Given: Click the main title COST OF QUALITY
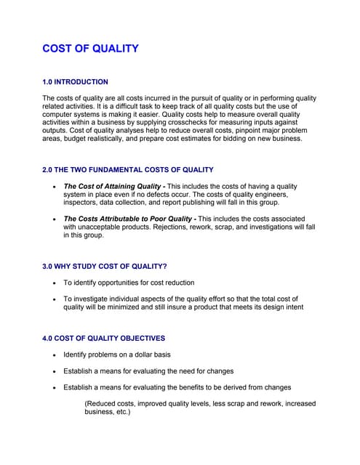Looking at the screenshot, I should point(90,49).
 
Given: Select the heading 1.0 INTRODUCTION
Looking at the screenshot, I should point(76,82).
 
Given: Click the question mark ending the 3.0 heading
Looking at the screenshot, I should point(167,266).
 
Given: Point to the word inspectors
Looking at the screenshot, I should point(84,203).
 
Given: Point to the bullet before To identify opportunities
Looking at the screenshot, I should point(55,283).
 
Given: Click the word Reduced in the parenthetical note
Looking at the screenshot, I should point(104,403).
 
